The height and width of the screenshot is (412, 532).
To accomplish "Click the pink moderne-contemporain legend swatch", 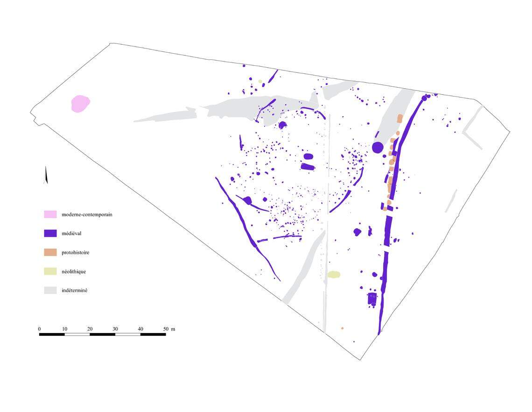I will [x=50, y=215].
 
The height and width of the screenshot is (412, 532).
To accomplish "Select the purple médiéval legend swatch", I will [x=50, y=233].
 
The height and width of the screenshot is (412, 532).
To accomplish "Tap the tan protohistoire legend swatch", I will [x=50, y=252].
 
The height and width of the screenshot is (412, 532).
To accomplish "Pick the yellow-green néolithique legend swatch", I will [x=50, y=272].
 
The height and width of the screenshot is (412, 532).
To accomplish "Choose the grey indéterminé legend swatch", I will [x=50, y=290].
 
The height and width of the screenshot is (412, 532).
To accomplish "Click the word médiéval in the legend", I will [x=72, y=233].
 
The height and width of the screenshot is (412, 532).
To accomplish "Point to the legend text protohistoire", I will [x=75, y=252].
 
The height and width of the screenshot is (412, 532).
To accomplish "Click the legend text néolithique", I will [x=74, y=272].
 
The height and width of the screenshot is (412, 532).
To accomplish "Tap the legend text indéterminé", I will [x=75, y=290].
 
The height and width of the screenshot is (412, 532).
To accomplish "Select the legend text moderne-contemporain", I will [x=87, y=215].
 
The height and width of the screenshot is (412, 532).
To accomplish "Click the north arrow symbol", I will [x=45, y=175].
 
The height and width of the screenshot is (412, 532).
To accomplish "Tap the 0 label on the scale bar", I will [x=39, y=329].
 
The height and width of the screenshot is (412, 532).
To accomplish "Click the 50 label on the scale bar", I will [x=166, y=329].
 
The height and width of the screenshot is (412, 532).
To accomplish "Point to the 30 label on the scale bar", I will [x=115, y=329].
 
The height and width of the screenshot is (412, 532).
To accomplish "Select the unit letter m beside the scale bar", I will [x=173, y=329].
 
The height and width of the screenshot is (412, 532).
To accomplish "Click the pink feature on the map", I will [x=80, y=104].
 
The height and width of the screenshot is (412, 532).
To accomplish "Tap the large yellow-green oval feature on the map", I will [x=334, y=274].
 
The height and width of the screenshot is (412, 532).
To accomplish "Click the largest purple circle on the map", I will [x=378, y=147].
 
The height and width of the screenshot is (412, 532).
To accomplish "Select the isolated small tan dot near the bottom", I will [x=342, y=328].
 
